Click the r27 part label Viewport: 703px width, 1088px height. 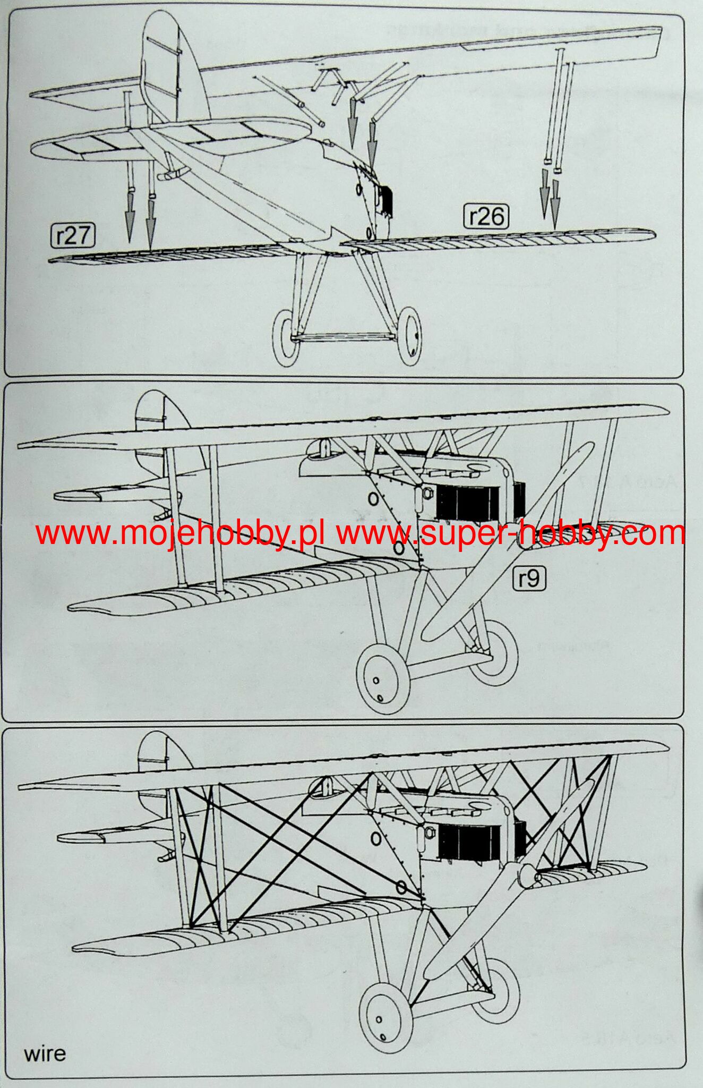(73, 236)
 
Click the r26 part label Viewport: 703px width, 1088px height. (486, 216)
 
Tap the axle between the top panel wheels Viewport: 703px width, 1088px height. (345, 336)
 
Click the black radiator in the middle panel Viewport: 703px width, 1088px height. (467, 501)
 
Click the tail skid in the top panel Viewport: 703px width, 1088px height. (173, 174)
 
